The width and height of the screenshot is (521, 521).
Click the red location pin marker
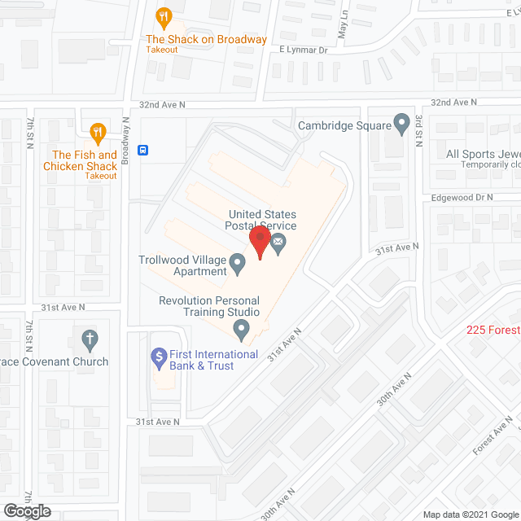point(260,241)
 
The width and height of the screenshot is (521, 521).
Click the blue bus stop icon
point(143,150)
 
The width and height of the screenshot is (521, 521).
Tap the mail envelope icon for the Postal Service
point(278,242)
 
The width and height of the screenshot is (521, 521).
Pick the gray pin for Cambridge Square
point(401,124)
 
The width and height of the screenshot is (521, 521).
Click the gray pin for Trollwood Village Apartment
point(238,263)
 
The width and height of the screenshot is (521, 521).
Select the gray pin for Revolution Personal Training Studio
point(241,330)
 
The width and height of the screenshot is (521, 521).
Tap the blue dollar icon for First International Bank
point(159,356)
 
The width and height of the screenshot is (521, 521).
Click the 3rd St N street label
point(417,130)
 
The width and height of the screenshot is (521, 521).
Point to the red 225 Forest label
point(493,330)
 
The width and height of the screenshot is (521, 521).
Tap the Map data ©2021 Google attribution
point(471,514)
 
